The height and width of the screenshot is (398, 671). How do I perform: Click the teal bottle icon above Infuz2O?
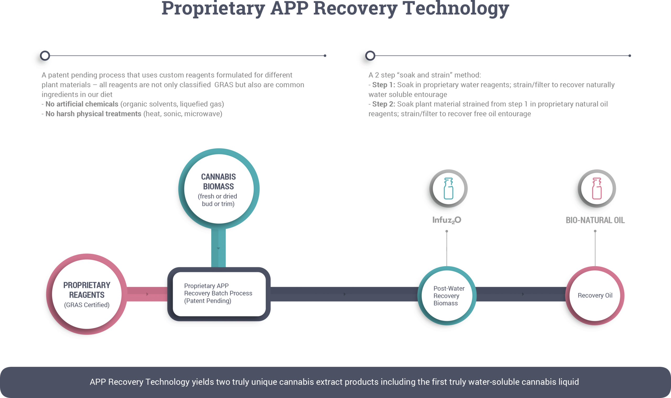click(x=448, y=189)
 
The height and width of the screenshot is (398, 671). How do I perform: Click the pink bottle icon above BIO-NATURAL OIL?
click(x=597, y=189)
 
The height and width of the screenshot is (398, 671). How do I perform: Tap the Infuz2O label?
click(x=446, y=220)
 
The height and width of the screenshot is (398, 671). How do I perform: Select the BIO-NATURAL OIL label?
click(x=595, y=220)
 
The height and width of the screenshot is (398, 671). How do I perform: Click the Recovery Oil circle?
click(x=595, y=295)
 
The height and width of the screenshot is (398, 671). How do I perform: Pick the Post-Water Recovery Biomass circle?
click(x=447, y=295)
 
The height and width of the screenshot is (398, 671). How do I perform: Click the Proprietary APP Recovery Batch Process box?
click(x=219, y=294)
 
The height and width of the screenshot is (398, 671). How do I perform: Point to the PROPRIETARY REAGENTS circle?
click(x=87, y=294)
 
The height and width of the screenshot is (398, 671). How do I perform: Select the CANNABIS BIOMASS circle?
click(x=219, y=189)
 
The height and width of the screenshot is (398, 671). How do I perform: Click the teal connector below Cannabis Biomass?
click(x=218, y=248)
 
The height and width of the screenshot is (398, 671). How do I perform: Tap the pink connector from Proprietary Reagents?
click(x=147, y=294)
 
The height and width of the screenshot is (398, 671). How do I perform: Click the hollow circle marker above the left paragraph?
click(x=45, y=56)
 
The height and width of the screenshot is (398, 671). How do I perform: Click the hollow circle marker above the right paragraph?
click(x=370, y=56)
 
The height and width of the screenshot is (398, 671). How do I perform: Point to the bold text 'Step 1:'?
click(x=383, y=85)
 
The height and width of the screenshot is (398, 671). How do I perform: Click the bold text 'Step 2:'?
click(x=383, y=104)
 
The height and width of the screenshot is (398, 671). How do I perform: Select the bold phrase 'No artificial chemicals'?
click(x=82, y=104)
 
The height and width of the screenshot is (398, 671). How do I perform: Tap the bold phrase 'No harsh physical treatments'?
click(x=93, y=114)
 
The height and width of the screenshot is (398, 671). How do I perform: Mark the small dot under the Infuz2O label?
click(x=447, y=231)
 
